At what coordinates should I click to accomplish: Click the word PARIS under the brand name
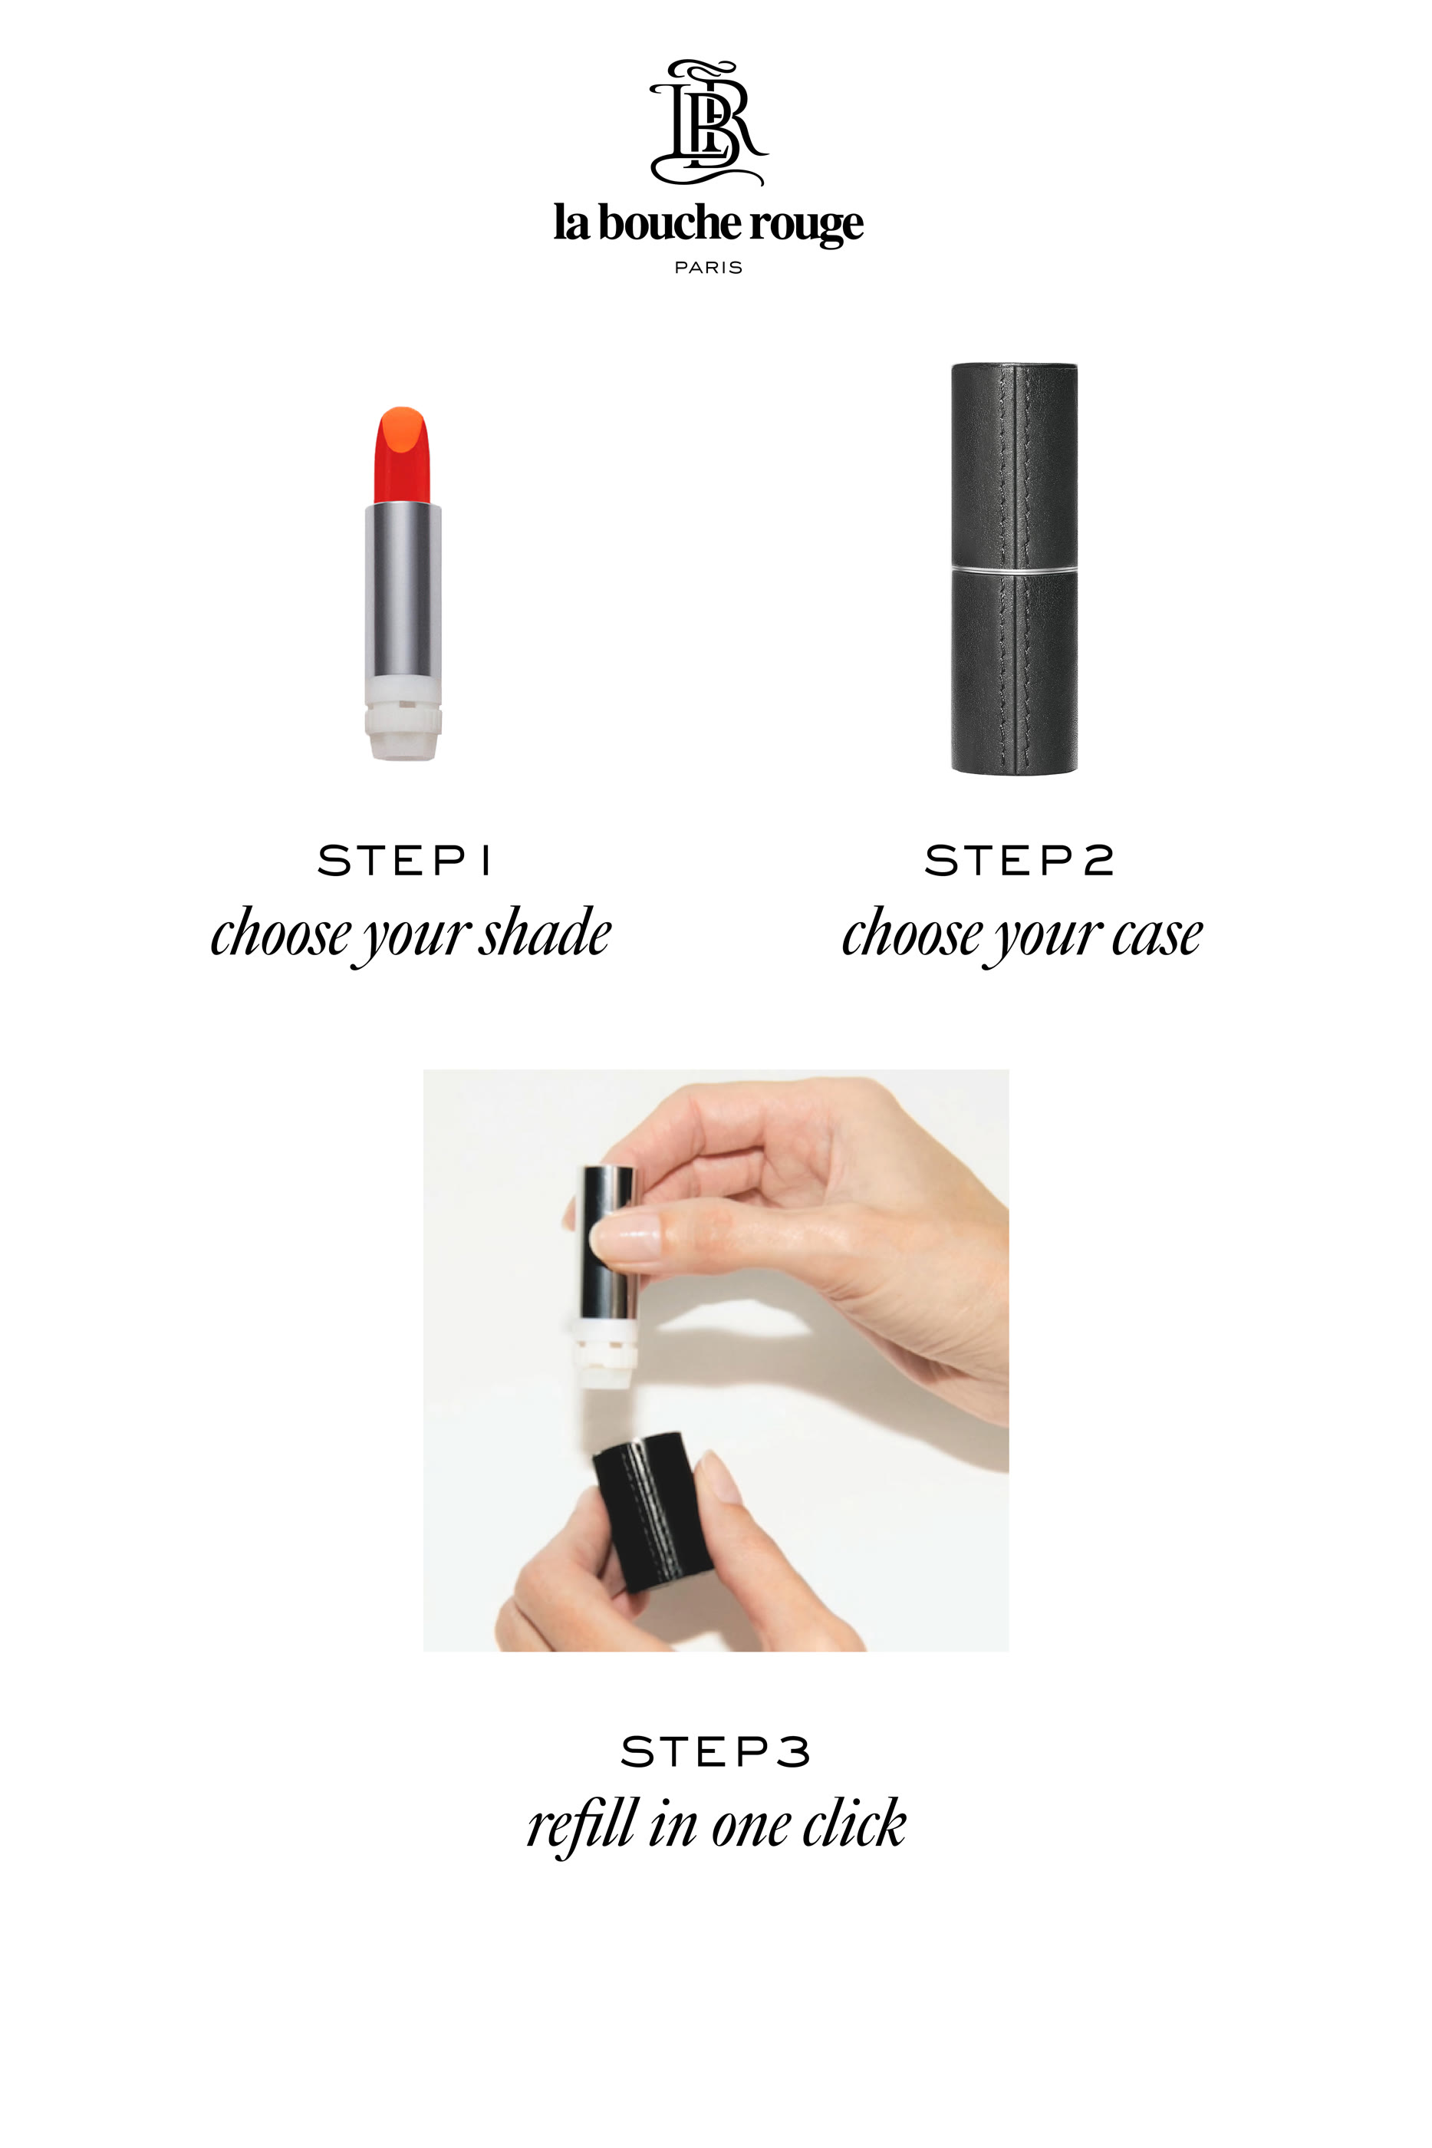click(708, 268)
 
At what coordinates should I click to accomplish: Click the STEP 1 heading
click(403, 860)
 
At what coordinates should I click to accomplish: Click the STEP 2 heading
click(1019, 860)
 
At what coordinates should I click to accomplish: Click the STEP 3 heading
click(715, 1751)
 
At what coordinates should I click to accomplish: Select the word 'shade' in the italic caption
click(546, 934)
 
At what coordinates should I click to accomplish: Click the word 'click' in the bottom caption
click(854, 1823)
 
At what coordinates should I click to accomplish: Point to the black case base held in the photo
click(651, 1511)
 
